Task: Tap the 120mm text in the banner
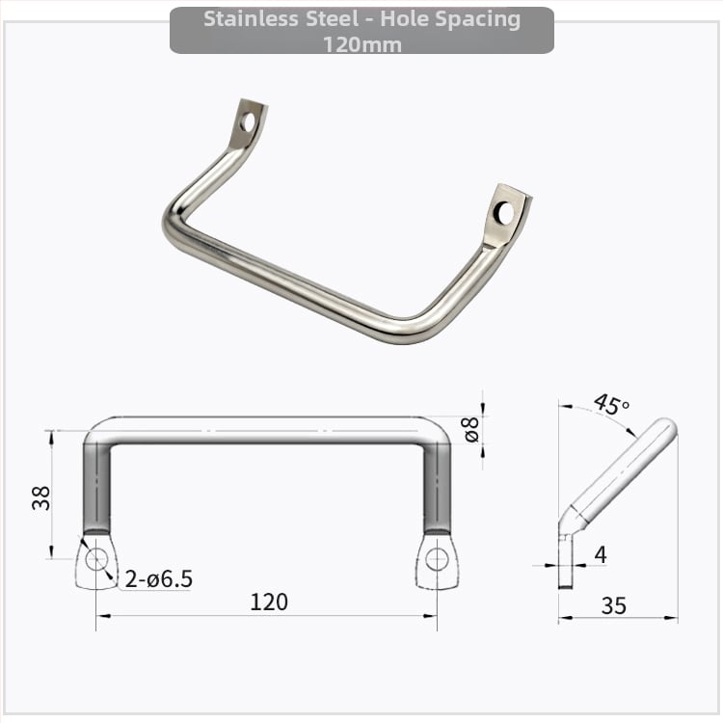[x=361, y=45]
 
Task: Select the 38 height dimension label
[x=41, y=497]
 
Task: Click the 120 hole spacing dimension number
[x=269, y=602]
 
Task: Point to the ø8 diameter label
[x=471, y=429]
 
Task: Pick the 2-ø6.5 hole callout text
[x=159, y=579]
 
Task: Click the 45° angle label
[x=611, y=404]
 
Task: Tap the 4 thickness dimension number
[x=601, y=554]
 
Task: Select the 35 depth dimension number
[x=614, y=605]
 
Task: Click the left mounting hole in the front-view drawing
[x=96, y=559]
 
